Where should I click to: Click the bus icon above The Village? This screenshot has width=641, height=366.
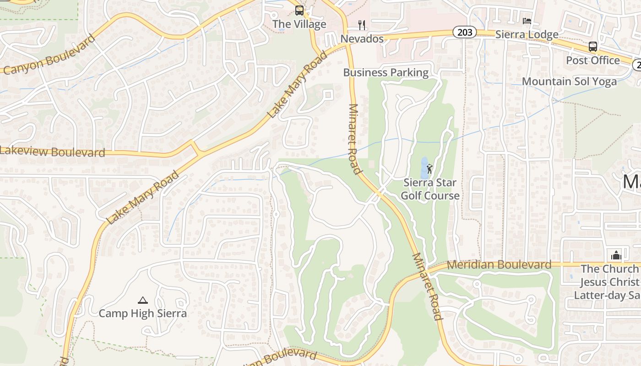click(299, 10)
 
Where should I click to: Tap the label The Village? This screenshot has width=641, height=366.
click(299, 24)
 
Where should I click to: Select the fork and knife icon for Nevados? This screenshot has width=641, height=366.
click(362, 25)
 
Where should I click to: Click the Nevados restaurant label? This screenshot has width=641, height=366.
click(362, 39)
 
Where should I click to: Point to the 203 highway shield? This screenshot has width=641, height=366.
click(465, 32)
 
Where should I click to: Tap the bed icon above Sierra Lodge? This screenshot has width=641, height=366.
click(527, 21)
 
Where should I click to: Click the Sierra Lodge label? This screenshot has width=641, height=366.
click(527, 34)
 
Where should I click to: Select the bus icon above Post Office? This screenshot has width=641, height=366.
click(593, 46)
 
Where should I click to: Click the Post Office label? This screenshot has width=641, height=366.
click(593, 60)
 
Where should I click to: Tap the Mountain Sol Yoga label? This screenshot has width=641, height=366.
click(570, 81)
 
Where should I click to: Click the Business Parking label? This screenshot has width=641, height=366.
click(386, 72)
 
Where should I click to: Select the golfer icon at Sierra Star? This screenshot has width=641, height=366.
click(429, 169)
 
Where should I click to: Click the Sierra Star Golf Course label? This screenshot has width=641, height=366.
click(430, 189)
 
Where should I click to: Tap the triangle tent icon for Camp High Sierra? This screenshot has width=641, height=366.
click(143, 300)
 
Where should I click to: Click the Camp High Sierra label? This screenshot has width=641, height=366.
click(143, 313)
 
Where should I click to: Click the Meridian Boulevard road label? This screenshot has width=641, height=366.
click(499, 264)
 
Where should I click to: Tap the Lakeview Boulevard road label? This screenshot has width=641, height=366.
click(53, 151)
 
